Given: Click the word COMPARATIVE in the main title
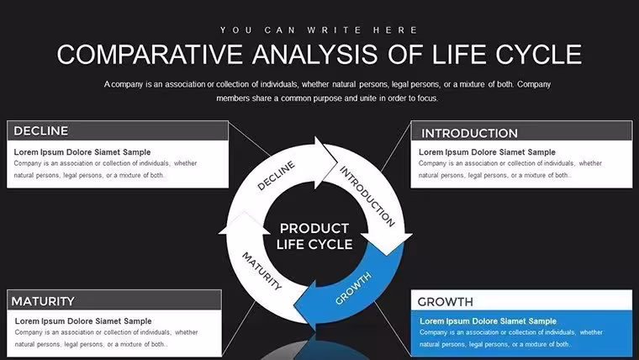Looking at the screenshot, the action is (149, 55).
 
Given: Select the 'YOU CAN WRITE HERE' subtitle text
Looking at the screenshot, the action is (319, 30).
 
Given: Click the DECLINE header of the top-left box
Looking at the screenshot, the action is (40, 131).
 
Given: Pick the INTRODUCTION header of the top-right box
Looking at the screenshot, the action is (469, 134).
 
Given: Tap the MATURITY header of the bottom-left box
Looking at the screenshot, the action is (43, 301).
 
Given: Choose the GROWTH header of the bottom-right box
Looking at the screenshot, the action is (445, 302).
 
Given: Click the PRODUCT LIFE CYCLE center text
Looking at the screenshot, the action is (314, 236).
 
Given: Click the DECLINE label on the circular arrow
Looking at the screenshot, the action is (276, 175).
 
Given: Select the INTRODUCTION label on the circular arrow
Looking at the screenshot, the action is (367, 196).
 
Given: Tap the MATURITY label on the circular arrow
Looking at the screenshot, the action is (261, 271).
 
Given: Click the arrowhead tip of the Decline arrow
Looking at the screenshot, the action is (337, 162).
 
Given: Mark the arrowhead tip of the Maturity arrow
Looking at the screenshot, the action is (244, 213).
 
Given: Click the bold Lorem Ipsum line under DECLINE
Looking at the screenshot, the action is (82, 152).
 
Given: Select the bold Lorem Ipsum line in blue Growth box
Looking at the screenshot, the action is (488, 321).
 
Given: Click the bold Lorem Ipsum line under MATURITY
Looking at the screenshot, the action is (83, 321).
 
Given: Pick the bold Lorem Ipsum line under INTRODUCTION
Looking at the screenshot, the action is (487, 152).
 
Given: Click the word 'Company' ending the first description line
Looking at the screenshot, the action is (534, 85).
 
